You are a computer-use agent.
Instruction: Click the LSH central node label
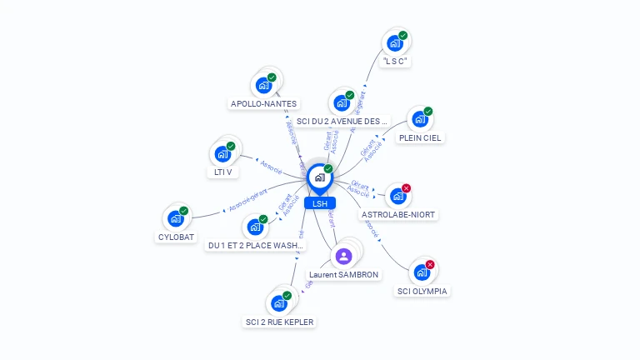pyautogui.click(x=320, y=203)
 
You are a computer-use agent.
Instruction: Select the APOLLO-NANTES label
pyautogui.click(x=263, y=104)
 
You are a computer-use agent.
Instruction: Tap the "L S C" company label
pyautogui.click(x=396, y=62)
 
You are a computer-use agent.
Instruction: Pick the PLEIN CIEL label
pyautogui.click(x=420, y=137)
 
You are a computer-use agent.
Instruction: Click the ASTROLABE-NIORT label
pyautogui.click(x=398, y=214)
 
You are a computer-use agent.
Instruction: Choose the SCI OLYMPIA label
pyautogui.click(x=422, y=291)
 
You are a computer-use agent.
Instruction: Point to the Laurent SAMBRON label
pyautogui.click(x=343, y=274)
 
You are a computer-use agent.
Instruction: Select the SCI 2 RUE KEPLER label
pyautogui.click(x=281, y=322)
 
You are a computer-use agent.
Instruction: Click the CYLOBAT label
pyautogui.click(x=176, y=237)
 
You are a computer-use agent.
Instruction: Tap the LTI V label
pyautogui.click(x=222, y=172)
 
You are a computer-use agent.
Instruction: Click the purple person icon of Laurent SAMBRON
pyautogui.click(x=343, y=255)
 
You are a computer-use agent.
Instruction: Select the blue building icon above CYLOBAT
pyautogui.click(x=175, y=218)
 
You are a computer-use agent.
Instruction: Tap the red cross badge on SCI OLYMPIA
pyautogui.click(x=430, y=265)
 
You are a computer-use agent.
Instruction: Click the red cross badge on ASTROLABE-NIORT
pyautogui.click(x=406, y=188)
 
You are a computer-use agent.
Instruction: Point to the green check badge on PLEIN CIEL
pyautogui.click(x=428, y=111)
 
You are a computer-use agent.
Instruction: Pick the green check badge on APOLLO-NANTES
pyautogui.click(x=272, y=77)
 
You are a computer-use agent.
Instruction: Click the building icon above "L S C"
pyautogui.click(x=394, y=43)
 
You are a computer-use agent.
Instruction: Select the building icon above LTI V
pyautogui.click(x=222, y=154)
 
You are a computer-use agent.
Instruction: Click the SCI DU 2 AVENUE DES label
pyautogui.click(x=342, y=122)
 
